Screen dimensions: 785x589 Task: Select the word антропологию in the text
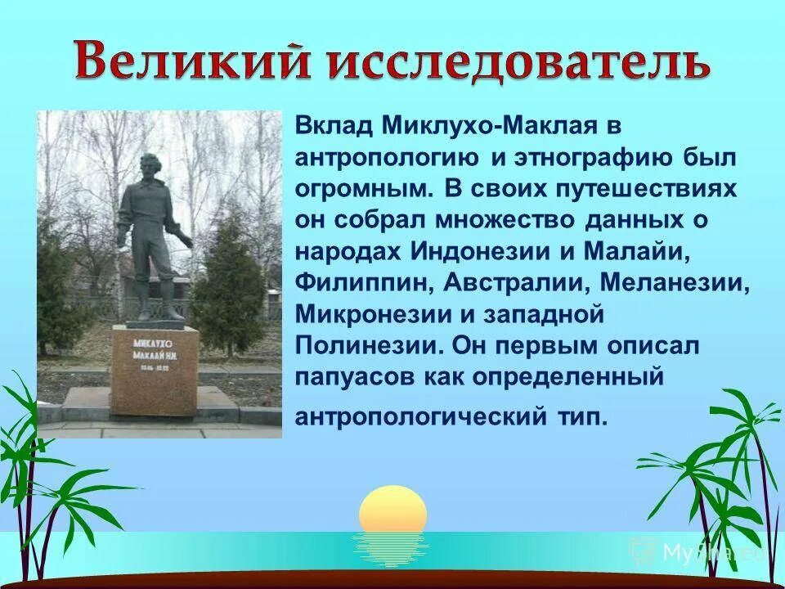coord(386,160)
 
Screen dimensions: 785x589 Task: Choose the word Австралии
coord(514,283)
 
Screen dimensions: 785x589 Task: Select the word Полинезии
coord(365,346)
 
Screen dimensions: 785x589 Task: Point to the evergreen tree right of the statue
coord(230,281)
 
